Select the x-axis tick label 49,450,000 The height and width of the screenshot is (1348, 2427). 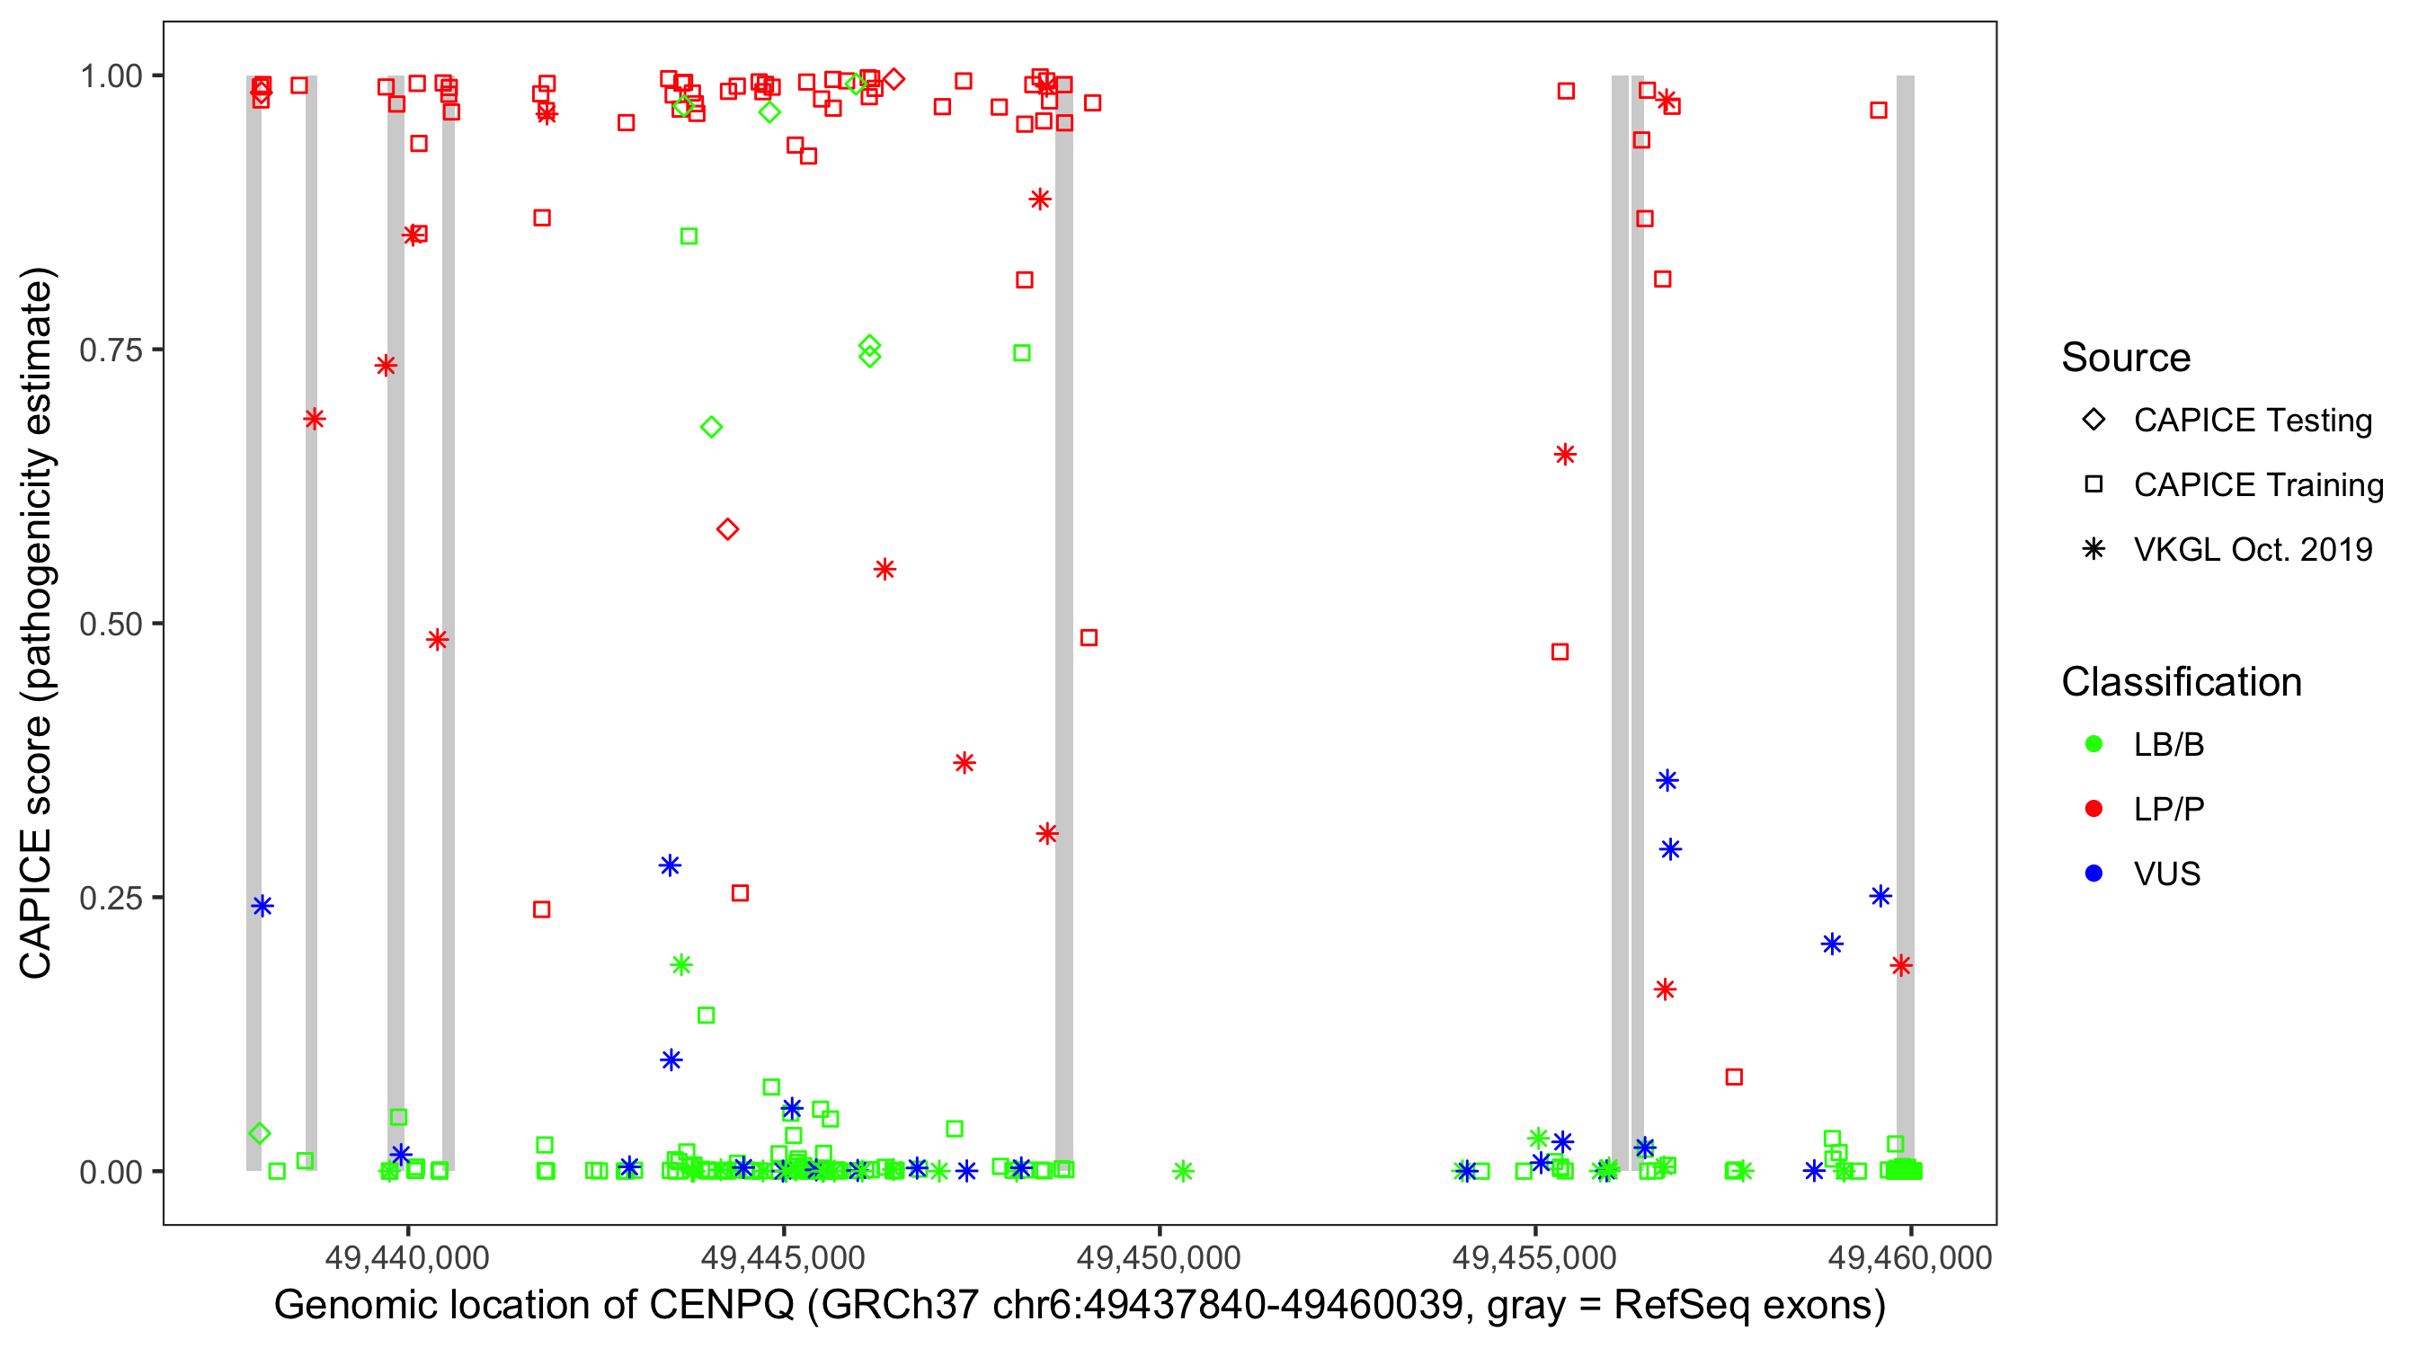tap(1158, 1257)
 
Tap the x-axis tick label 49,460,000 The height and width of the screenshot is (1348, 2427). tap(1910, 1257)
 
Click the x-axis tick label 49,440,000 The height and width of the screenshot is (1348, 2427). tap(407, 1257)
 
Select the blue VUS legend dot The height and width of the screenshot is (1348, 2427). tap(2094, 874)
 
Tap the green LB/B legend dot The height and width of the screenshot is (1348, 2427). tap(2094, 744)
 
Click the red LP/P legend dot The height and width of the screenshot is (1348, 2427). tap(2094, 809)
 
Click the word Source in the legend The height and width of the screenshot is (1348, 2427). tap(2126, 358)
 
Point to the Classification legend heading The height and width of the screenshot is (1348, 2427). tap(2181, 682)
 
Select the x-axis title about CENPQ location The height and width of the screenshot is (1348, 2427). tap(1079, 1306)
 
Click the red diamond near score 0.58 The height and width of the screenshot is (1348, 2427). tap(726, 529)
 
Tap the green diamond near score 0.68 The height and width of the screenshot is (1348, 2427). tap(711, 428)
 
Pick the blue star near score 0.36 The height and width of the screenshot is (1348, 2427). tap(1667, 780)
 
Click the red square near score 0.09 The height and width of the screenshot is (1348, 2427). tap(1734, 1077)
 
